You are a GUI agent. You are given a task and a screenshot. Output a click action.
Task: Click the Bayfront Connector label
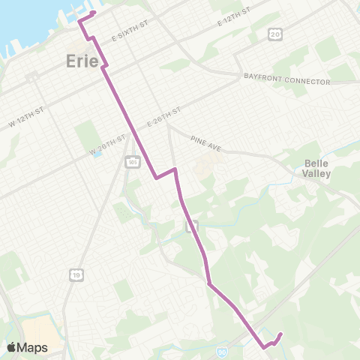click(x=287, y=78)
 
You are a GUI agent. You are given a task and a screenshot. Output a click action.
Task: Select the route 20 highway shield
click(x=277, y=34)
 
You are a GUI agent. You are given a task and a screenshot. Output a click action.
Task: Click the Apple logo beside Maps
click(x=13, y=347)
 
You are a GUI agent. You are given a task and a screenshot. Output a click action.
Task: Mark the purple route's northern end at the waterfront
click(x=94, y=13)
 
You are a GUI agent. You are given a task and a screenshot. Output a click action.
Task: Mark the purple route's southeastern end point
click(x=280, y=334)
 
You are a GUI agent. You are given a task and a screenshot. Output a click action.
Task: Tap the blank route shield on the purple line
click(x=191, y=224)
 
